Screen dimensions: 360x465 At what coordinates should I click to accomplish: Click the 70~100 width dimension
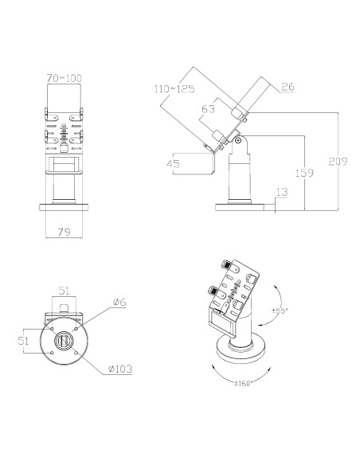pyautogui.click(x=64, y=78)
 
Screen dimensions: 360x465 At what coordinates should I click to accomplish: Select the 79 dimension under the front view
pyautogui.click(x=64, y=232)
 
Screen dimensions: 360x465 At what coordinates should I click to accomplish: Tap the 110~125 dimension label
pyautogui.click(x=174, y=88)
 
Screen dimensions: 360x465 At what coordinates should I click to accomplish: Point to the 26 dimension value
pyautogui.click(x=288, y=87)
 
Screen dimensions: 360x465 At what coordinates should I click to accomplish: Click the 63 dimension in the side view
pyautogui.click(x=208, y=109)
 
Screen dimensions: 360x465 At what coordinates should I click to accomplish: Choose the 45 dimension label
pyautogui.click(x=173, y=164)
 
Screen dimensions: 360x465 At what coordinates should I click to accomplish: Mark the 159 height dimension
pyautogui.click(x=304, y=173)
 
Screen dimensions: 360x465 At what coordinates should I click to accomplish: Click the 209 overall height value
pyautogui.click(x=338, y=162)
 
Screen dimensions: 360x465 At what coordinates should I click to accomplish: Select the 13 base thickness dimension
pyautogui.click(x=282, y=192)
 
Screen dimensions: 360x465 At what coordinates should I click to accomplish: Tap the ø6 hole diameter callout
pyautogui.click(x=119, y=303)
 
